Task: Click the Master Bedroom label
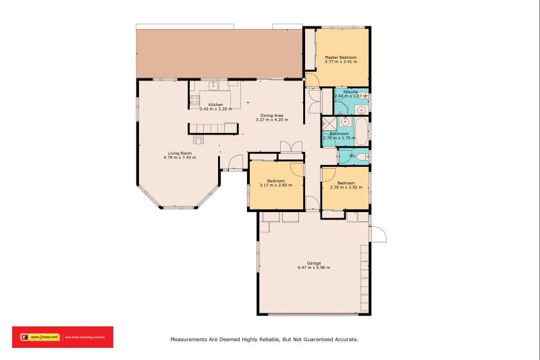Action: click(340, 57)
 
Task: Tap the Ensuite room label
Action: click(350, 91)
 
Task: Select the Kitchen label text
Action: click(215, 105)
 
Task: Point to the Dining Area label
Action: click(272, 115)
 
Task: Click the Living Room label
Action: click(180, 153)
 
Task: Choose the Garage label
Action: click(314, 263)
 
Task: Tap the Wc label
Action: click(352, 156)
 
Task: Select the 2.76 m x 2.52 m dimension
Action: click(346, 188)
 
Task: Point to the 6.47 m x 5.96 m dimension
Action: click(314, 267)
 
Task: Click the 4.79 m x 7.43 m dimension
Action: click(180, 158)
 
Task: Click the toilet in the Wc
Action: click(362, 157)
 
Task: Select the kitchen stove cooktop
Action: click(194, 101)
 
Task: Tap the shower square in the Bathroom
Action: click(328, 123)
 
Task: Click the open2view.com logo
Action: click(40, 336)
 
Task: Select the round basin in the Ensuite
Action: click(361, 108)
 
